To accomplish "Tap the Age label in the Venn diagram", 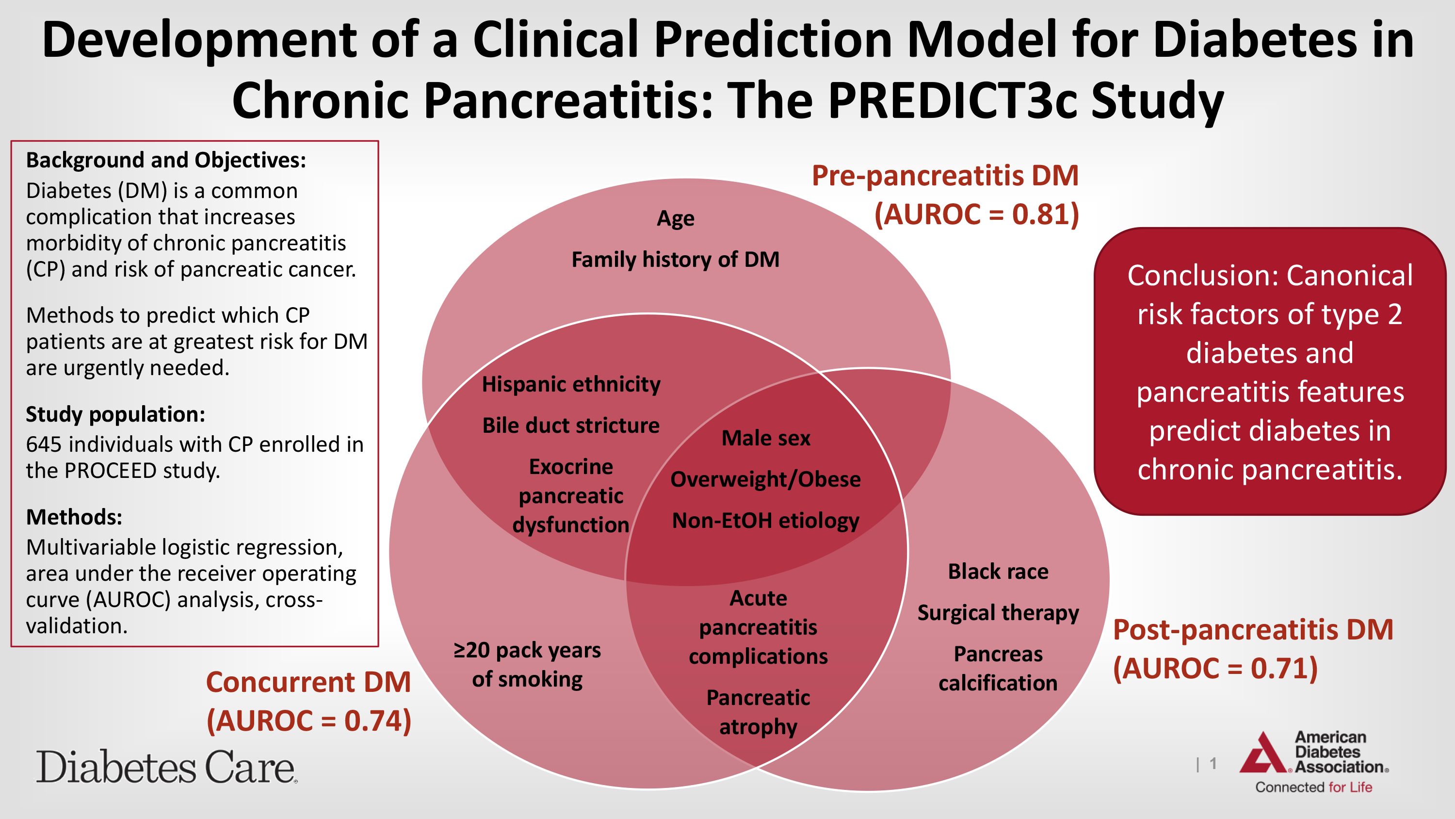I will click(676, 219).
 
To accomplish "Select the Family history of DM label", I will click(676, 260).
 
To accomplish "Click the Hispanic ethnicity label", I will click(571, 385).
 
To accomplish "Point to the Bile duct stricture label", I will click(571, 426).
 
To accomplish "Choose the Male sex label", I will click(766, 439).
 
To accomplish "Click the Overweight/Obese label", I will click(766, 480).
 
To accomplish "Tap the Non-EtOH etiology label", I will click(766, 521).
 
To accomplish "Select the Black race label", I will click(998, 572).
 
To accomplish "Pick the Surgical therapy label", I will click(998, 613).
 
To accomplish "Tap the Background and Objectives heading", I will click(165, 161).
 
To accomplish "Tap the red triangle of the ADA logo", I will click(1263, 754).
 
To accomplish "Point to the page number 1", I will click(1212, 764).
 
